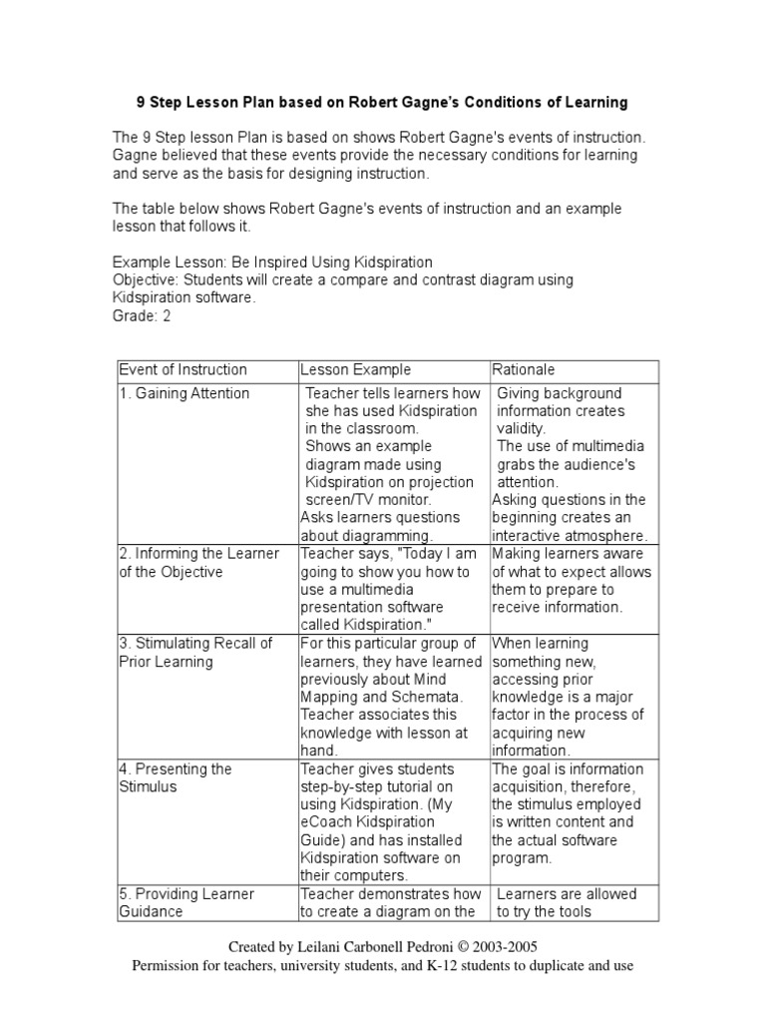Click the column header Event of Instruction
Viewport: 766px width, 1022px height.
click(x=183, y=369)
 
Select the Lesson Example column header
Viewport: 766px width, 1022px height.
click(x=356, y=369)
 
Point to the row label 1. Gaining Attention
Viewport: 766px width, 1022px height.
click(x=185, y=393)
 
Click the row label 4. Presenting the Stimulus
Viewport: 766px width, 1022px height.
click(x=175, y=777)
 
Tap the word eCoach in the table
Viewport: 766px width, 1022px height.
click(x=327, y=821)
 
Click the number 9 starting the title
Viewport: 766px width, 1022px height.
click(x=141, y=102)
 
